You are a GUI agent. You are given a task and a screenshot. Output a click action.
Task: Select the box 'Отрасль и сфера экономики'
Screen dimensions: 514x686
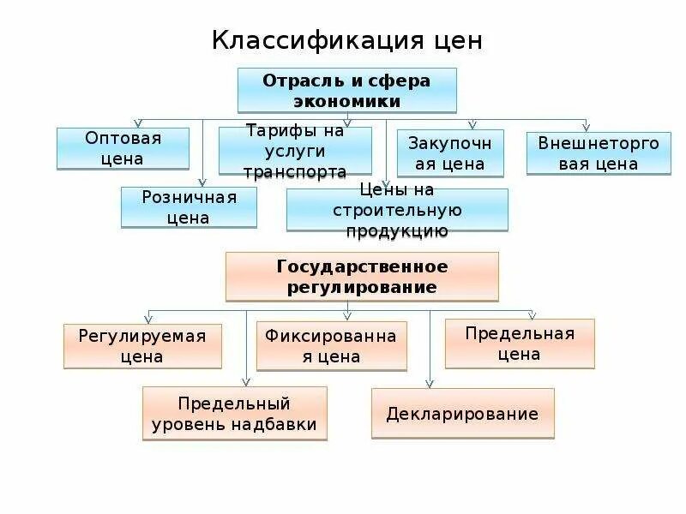point(346,90)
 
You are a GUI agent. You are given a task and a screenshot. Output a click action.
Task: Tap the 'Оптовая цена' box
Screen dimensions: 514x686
point(123,148)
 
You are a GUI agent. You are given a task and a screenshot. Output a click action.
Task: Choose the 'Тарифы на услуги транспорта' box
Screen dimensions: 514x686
point(295,151)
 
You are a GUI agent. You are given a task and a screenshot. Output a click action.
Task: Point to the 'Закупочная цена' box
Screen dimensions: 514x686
point(449,152)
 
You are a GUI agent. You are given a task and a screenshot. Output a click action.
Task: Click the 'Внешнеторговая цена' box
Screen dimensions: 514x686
point(599,153)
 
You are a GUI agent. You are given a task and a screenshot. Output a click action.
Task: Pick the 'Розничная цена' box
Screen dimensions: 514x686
point(189,207)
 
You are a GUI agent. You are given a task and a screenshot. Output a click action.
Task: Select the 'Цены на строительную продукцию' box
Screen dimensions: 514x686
point(397,210)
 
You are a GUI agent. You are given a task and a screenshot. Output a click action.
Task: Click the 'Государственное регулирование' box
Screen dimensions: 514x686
point(362,276)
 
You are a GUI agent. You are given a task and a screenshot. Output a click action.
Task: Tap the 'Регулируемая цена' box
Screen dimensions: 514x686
point(142,346)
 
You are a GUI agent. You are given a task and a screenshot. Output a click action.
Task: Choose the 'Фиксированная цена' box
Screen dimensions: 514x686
point(331,346)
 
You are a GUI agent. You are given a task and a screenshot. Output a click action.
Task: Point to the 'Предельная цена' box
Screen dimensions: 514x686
point(520,343)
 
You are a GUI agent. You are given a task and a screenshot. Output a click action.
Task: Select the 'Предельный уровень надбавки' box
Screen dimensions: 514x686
point(234,413)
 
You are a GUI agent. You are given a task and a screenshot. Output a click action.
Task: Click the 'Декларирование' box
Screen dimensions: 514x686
point(462,414)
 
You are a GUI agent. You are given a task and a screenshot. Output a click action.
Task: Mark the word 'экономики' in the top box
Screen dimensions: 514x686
point(346,100)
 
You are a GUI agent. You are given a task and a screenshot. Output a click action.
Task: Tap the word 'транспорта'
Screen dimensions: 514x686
point(295,170)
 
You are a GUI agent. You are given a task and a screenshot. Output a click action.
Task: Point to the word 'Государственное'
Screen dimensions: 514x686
point(362,266)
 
